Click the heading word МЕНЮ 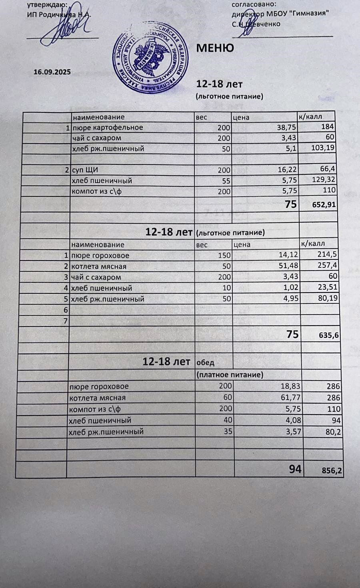pyautogui.click(x=215, y=48)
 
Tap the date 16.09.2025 pyautogui.click(x=52, y=72)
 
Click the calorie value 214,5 pyautogui.click(x=326, y=255)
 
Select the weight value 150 pyautogui.click(x=224, y=255)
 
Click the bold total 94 pyautogui.click(x=295, y=469)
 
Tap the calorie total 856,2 pyautogui.click(x=332, y=471)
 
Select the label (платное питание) pyautogui.click(x=230, y=375)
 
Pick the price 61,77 pyautogui.click(x=290, y=397)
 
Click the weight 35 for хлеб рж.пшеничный pyautogui.click(x=228, y=431)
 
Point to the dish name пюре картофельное pyautogui.click(x=107, y=128)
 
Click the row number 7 pyautogui.click(x=66, y=321)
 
